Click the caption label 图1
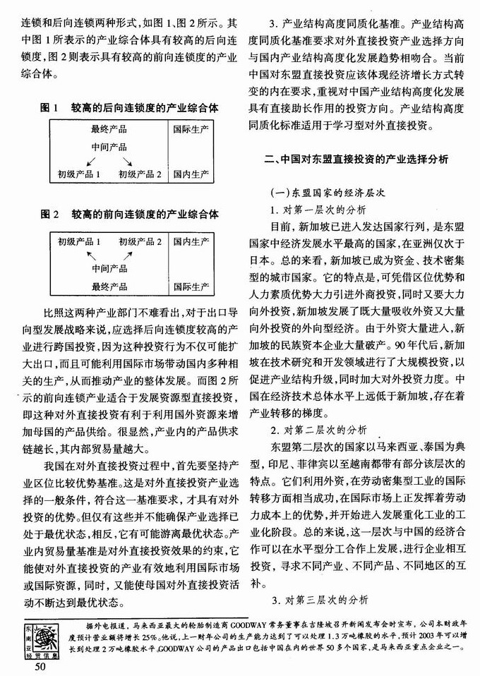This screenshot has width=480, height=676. (48, 109)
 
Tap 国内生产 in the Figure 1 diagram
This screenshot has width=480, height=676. (191, 174)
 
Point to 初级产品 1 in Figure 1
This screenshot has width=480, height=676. (79, 174)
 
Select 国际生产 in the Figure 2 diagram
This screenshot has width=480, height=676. (191, 286)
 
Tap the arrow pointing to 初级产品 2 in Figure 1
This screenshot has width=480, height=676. (128, 161)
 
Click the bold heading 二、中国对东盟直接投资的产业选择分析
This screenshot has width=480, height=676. (354, 159)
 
